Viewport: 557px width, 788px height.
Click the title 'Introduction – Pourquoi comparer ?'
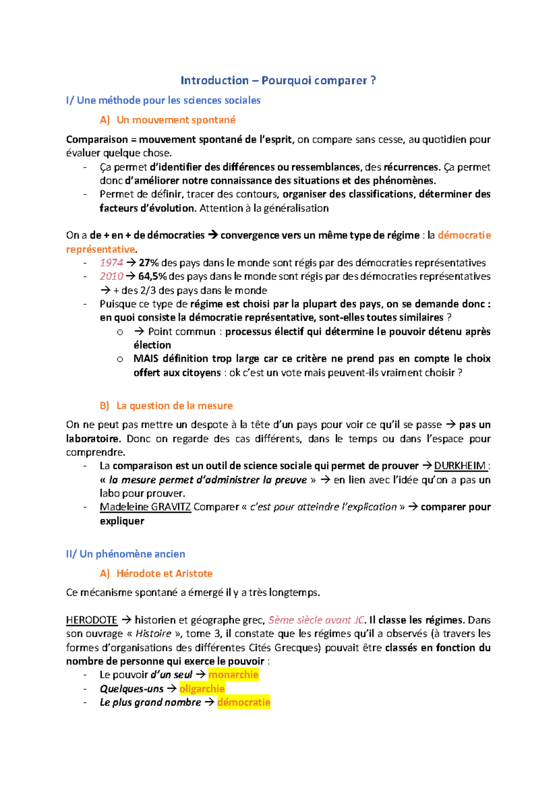(x=278, y=81)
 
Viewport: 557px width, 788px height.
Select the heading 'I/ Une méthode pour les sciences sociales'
(x=163, y=100)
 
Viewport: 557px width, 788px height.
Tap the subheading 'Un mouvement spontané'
(x=176, y=120)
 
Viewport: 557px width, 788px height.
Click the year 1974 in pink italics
(x=111, y=263)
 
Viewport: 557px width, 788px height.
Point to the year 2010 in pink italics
(x=111, y=277)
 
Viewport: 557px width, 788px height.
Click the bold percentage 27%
(x=149, y=263)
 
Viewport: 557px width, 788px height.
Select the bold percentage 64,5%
(x=152, y=277)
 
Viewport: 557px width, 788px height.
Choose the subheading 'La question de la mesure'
(x=174, y=406)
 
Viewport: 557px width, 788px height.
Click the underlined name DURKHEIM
(x=460, y=466)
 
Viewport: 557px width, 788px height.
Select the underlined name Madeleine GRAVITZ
(x=145, y=507)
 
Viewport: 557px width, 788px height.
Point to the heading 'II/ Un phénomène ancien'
(x=125, y=554)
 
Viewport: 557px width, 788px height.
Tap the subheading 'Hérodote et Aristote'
(x=164, y=574)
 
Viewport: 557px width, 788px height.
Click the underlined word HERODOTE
(x=91, y=620)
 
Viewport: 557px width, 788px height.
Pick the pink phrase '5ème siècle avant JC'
(x=316, y=620)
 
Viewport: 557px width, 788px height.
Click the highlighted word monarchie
(x=233, y=675)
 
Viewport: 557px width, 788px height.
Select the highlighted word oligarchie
(x=202, y=689)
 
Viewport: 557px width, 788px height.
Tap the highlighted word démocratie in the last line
(x=243, y=702)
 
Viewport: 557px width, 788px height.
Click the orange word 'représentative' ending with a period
(x=100, y=249)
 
